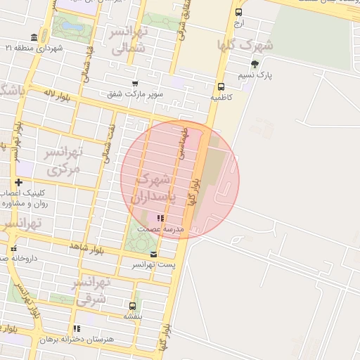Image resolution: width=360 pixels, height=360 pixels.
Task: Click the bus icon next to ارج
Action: [239, 12]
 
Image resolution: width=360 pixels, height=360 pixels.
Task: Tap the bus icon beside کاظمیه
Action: [221, 86]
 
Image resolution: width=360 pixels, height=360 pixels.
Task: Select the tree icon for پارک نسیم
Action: [255, 64]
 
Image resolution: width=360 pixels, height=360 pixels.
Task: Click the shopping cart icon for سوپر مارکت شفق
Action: [135, 83]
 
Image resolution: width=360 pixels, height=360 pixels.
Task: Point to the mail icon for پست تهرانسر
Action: [154, 255]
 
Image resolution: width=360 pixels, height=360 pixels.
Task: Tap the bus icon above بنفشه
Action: [133, 306]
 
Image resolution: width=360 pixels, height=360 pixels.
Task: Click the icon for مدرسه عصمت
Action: [160, 219]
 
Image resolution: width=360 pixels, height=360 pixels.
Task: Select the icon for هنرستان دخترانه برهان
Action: [77, 328]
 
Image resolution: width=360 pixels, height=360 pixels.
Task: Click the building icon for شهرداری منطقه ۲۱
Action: [34, 37]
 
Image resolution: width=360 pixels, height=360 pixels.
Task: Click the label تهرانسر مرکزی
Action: [63, 161]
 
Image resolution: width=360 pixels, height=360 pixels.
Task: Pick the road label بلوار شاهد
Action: [87, 248]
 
